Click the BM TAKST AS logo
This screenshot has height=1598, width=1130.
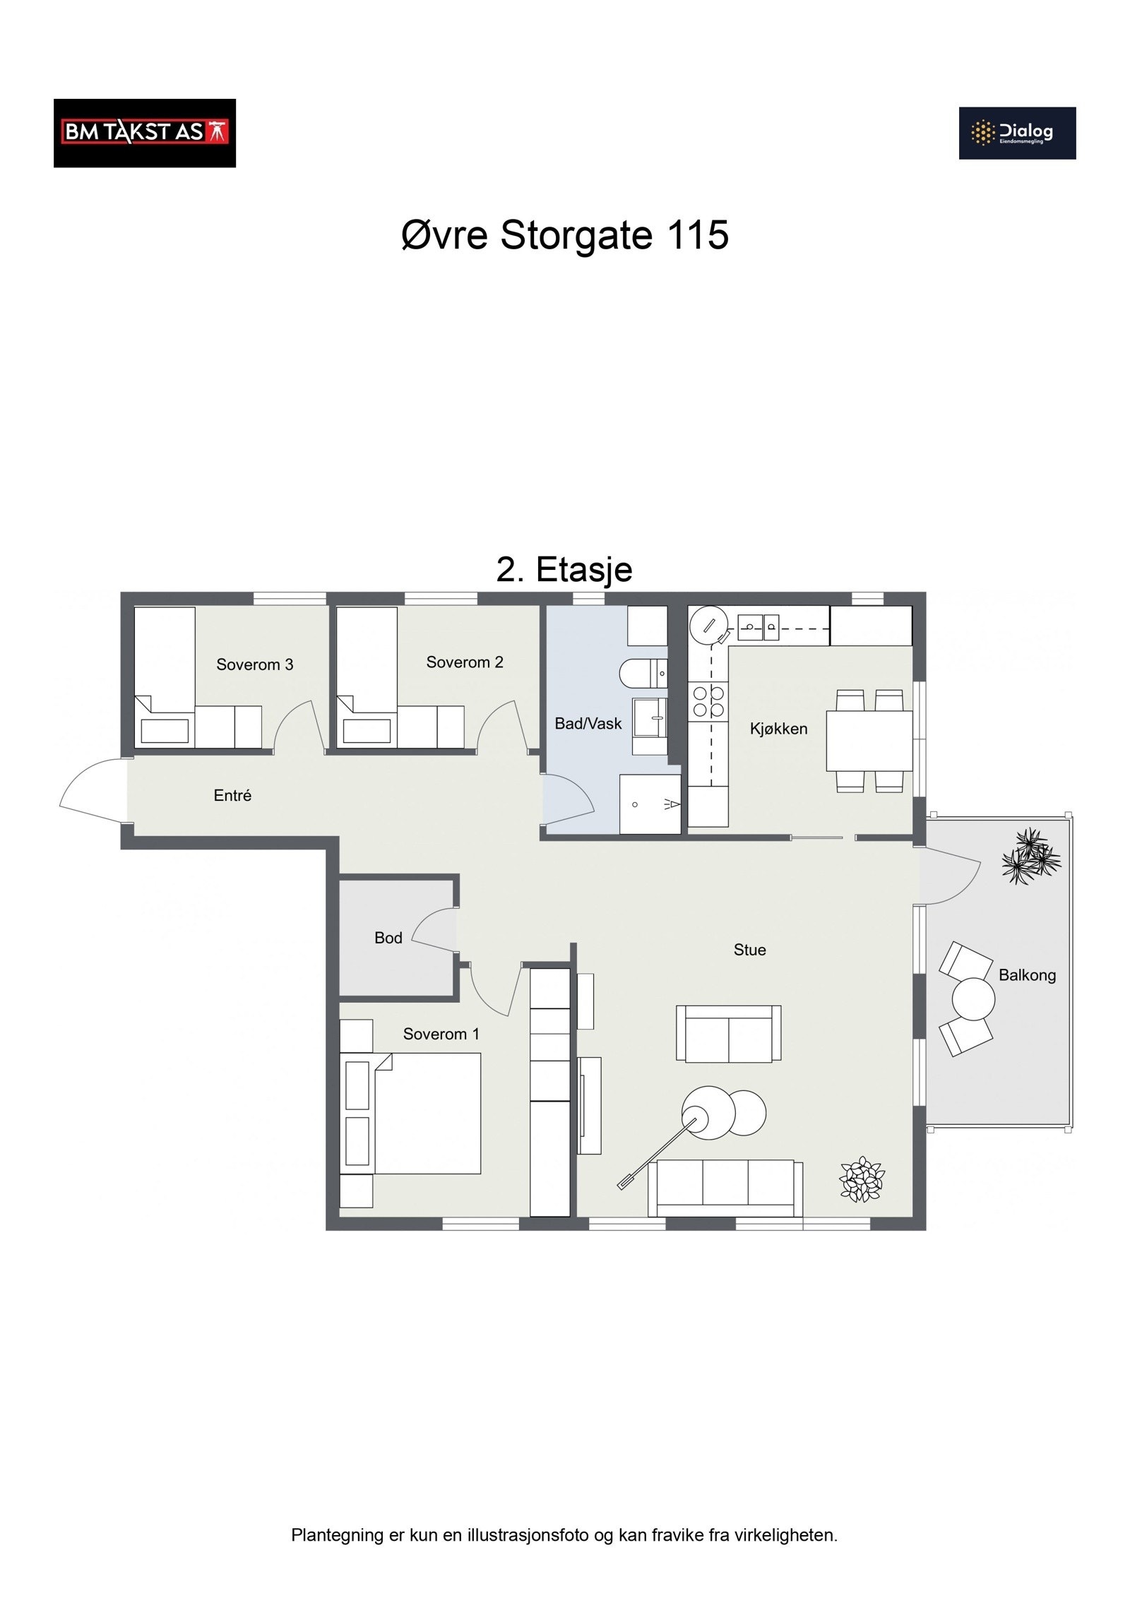[144, 133]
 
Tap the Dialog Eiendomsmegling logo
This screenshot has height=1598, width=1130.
[1016, 133]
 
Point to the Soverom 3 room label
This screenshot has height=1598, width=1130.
[254, 664]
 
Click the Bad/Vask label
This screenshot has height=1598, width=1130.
[588, 723]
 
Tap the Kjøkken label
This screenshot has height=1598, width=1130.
[778, 729]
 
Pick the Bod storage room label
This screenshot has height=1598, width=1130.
[388, 938]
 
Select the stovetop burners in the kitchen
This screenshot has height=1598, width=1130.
[708, 701]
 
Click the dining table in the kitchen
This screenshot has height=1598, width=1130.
[869, 741]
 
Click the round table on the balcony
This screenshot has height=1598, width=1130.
[973, 998]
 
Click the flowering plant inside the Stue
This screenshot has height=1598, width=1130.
[861, 1179]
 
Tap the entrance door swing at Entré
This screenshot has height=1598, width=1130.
[92, 791]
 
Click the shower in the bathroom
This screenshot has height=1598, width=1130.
[649, 804]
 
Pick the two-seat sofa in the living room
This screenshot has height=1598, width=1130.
[728, 1033]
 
